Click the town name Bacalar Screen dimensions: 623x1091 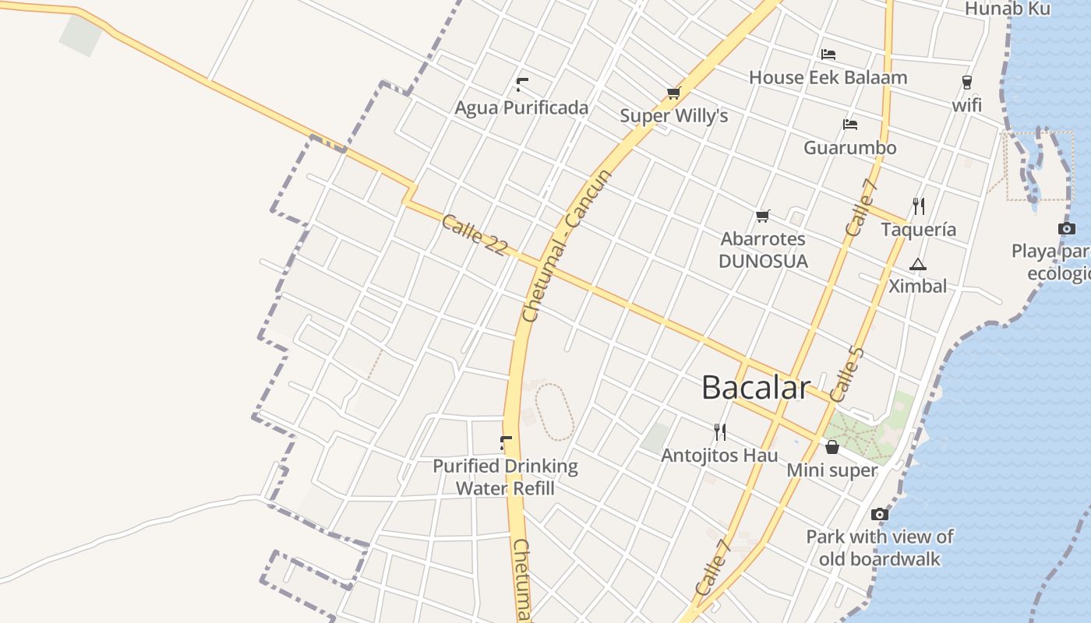click(756, 387)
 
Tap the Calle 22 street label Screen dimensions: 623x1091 click(475, 234)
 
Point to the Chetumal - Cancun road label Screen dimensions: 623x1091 click(567, 245)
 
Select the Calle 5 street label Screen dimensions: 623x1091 click(848, 375)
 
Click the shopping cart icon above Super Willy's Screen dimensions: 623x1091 click(674, 93)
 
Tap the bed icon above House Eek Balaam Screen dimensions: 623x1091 click(828, 55)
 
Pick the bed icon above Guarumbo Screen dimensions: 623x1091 click(849, 125)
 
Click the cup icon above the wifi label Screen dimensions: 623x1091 click(967, 82)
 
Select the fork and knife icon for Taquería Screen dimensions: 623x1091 click(919, 206)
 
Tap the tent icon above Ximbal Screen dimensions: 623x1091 click(918, 264)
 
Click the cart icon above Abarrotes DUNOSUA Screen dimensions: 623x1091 click(763, 216)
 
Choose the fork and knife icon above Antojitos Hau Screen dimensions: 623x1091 click(720, 431)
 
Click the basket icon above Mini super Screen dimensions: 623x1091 click(832, 447)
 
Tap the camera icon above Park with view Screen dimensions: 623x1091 click(880, 514)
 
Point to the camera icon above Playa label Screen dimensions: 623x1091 click(1067, 228)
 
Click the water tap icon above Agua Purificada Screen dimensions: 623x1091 click(522, 84)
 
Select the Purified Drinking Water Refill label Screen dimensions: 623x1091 click(505, 477)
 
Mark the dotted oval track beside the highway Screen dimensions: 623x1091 click(555, 411)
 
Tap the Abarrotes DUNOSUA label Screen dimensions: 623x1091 click(763, 250)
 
